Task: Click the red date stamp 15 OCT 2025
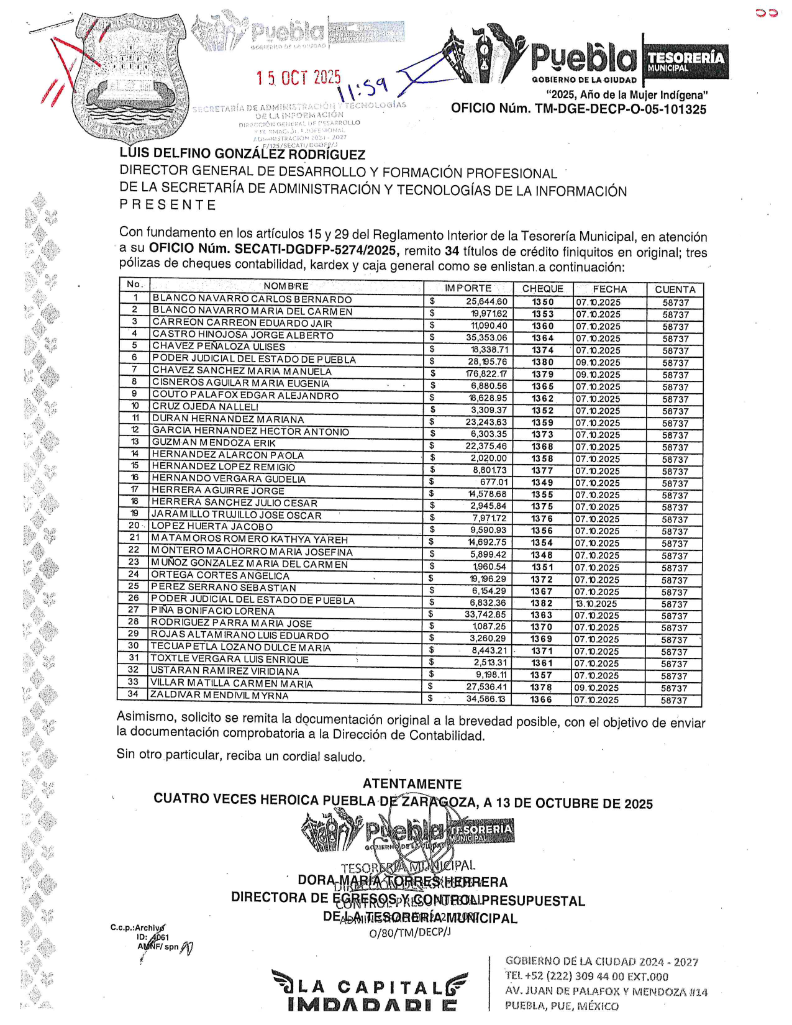299,78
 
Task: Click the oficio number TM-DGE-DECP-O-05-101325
578,109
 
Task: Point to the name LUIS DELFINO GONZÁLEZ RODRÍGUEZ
242,155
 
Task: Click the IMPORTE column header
468,288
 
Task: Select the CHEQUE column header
542,289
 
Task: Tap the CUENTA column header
675,289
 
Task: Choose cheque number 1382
542,603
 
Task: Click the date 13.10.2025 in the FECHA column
596,604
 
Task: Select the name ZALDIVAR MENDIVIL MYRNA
220,695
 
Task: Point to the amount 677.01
494,483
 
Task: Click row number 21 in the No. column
134,538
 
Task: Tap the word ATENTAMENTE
412,784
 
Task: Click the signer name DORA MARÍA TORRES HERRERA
403,881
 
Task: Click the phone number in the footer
586,977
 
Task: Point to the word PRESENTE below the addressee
168,205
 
